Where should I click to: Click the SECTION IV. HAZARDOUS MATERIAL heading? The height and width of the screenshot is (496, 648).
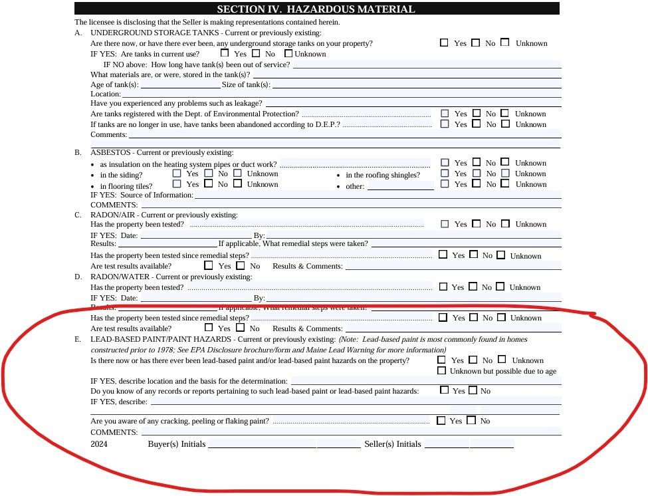pos(316,9)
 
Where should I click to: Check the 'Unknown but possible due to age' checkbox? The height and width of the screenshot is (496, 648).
pos(442,370)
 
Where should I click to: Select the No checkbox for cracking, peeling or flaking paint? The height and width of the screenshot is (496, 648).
pos(472,420)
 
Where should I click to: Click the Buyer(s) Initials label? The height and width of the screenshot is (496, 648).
pos(176,444)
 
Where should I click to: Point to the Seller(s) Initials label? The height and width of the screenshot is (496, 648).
pos(392,444)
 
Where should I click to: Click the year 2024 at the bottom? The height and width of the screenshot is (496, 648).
pos(99,444)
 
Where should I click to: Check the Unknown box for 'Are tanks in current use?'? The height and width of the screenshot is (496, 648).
pos(289,53)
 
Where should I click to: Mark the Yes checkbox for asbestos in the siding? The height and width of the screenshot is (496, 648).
pos(177,174)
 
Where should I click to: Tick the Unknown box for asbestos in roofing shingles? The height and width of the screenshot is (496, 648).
pos(505,174)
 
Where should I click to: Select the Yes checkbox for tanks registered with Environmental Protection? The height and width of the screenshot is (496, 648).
pos(445,114)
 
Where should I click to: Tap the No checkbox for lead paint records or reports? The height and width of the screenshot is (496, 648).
pos(473,390)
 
